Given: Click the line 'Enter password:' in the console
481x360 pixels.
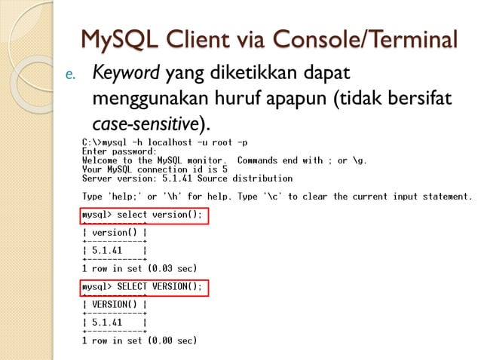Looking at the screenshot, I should (119, 151).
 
